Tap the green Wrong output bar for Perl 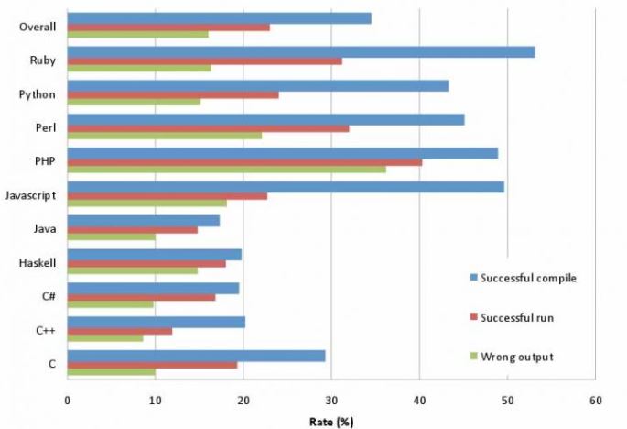165,136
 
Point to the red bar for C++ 120,331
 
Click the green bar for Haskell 133,270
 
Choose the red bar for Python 173,94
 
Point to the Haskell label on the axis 38,263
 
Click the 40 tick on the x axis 419,401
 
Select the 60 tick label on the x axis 595,401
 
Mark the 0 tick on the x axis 68,401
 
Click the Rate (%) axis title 330,421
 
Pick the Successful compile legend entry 527,278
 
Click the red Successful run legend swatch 473,316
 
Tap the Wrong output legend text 516,356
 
